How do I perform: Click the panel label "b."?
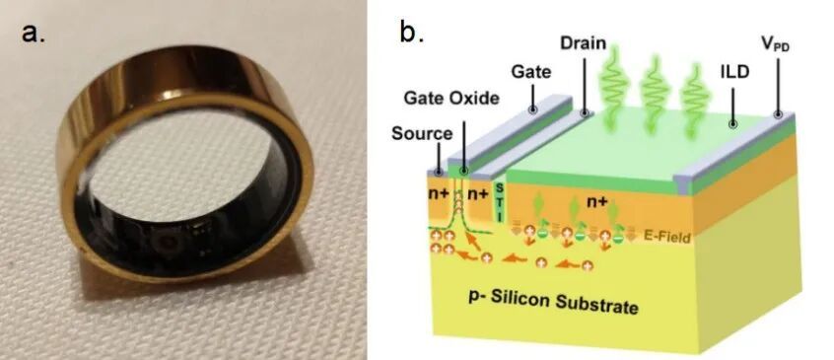[x=411, y=33]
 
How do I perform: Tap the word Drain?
[x=583, y=43]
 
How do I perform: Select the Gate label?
[x=530, y=71]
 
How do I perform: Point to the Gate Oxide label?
[x=452, y=98]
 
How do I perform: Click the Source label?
[x=422, y=133]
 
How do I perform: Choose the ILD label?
[x=732, y=72]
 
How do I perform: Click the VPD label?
[x=776, y=44]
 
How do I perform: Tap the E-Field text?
[x=667, y=237]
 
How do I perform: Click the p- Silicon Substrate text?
[x=553, y=302]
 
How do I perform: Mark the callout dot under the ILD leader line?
[x=732, y=124]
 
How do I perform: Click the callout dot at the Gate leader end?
[x=531, y=109]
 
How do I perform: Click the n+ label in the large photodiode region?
[x=596, y=202]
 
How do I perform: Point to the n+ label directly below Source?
[x=439, y=193]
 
